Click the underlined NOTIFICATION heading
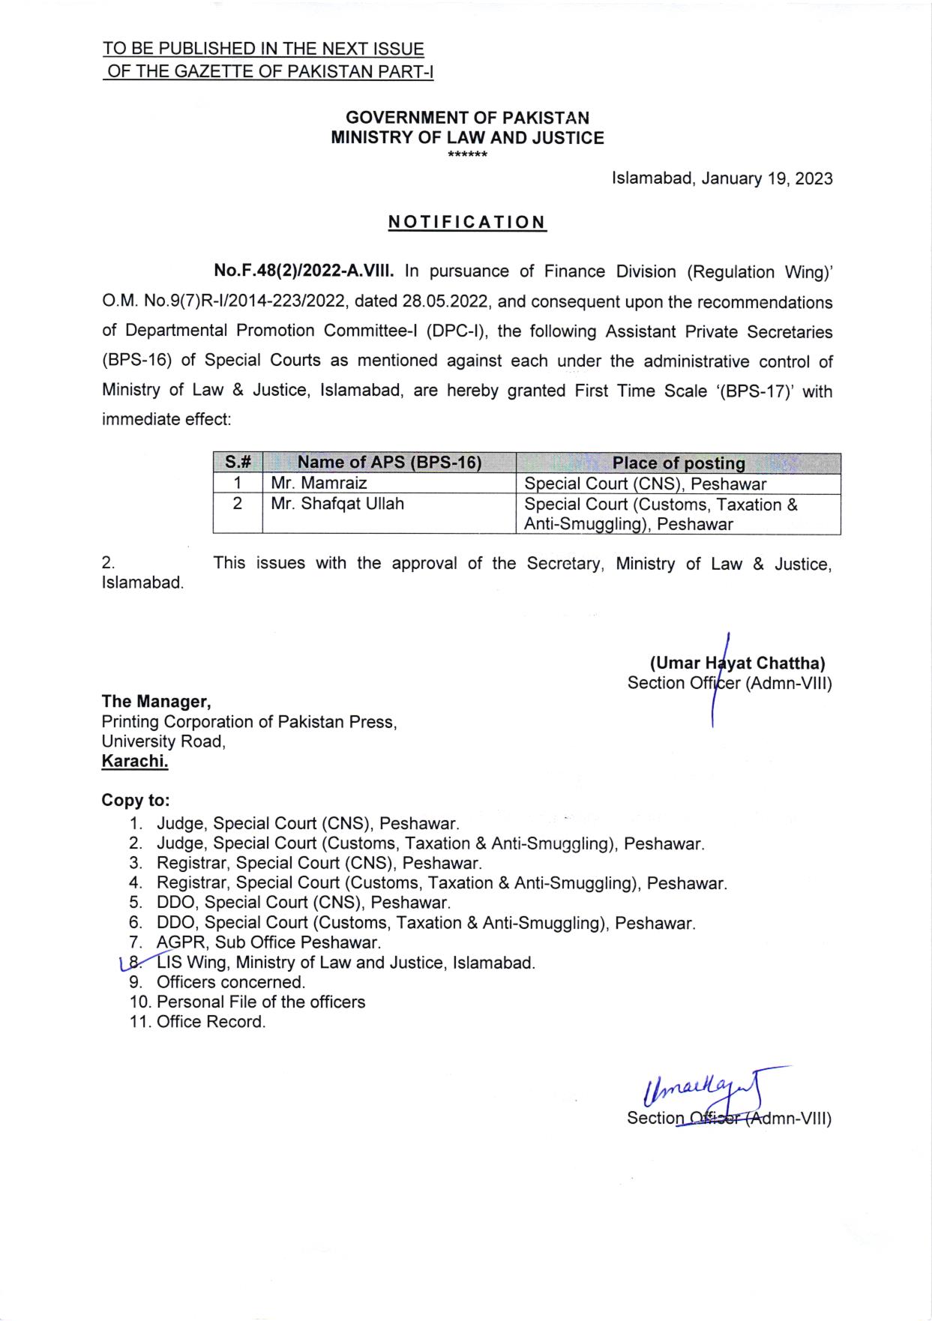tap(467, 223)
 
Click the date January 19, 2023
tap(766, 179)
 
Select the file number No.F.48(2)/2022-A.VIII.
tap(304, 271)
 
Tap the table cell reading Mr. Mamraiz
tap(319, 484)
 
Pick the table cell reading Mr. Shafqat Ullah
tap(337, 504)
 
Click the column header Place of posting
tap(679, 463)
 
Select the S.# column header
tap(237, 463)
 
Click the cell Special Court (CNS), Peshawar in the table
tap(646, 484)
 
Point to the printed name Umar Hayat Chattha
tap(738, 663)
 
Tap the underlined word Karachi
tap(135, 762)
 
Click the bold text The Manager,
tap(157, 702)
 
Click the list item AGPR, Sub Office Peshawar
tap(268, 942)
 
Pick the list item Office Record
tap(211, 1022)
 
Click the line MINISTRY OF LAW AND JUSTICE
tap(467, 138)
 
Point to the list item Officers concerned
tap(231, 982)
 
